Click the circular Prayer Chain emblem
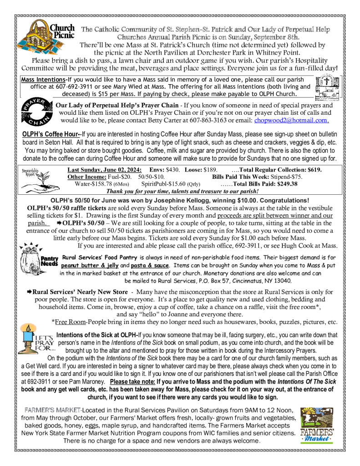pyautogui.click(x=33, y=112)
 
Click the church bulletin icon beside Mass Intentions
pyautogui.click(x=326, y=86)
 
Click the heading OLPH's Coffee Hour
pyautogui.click(x=51, y=134)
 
